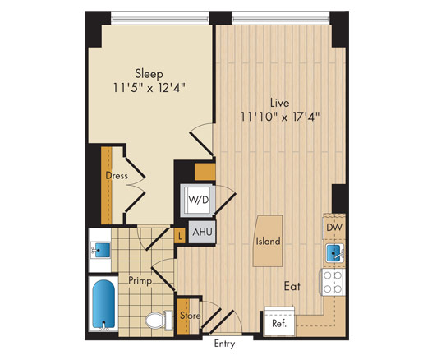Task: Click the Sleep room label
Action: pyautogui.click(x=149, y=74)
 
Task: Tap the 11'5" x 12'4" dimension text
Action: pyautogui.click(x=149, y=88)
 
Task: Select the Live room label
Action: pyautogui.click(x=279, y=103)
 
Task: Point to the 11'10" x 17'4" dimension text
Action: pyautogui.click(x=280, y=117)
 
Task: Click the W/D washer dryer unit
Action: pyautogui.click(x=198, y=200)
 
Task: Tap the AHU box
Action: pyautogui.click(x=202, y=232)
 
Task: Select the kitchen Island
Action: pyautogui.click(x=268, y=241)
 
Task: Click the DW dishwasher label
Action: pyautogui.click(x=334, y=227)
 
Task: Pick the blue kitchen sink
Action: pyautogui.click(x=334, y=252)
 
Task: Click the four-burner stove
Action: pyautogui.click(x=333, y=282)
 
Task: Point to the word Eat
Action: pyautogui.click(x=292, y=286)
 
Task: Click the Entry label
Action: pyautogui.click(x=224, y=344)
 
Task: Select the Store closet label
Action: pyautogui.click(x=191, y=316)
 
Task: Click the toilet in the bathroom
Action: pyautogui.click(x=159, y=321)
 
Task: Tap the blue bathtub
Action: pyautogui.click(x=103, y=304)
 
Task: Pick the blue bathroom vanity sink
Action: pyautogui.click(x=102, y=250)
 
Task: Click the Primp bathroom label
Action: pyautogui.click(x=140, y=281)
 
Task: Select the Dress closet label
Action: pyautogui.click(x=117, y=176)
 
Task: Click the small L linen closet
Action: pyautogui.click(x=180, y=236)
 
